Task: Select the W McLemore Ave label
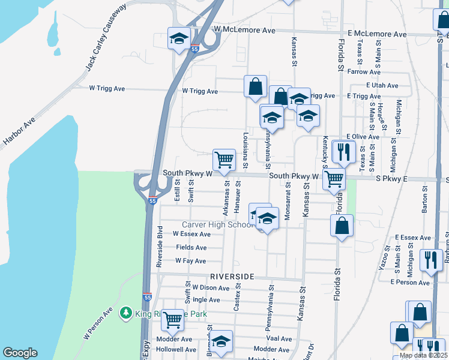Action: click(244, 29)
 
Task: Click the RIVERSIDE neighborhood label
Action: click(233, 277)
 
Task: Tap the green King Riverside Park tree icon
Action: click(125, 312)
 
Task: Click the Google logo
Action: click(20, 353)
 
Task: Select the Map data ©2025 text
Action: click(423, 355)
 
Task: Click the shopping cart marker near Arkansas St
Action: click(224, 160)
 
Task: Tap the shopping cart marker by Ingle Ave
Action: click(172, 320)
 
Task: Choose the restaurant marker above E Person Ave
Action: click(431, 260)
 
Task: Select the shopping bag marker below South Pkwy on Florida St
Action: click(342, 226)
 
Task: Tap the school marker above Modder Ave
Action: click(221, 341)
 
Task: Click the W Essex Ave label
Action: click(192, 234)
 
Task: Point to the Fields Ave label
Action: click(191, 247)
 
